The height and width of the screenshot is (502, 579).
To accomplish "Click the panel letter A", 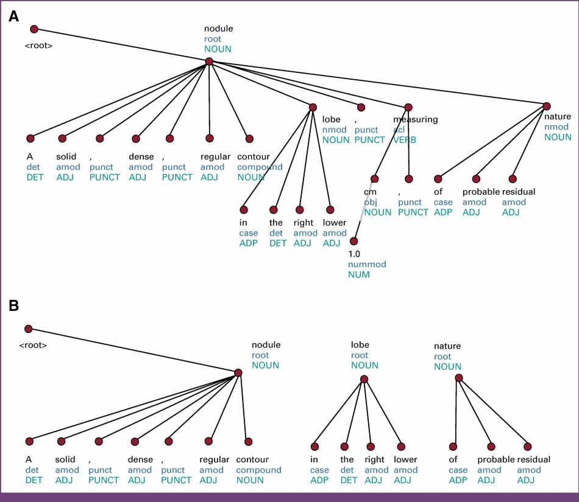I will [x=14, y=16].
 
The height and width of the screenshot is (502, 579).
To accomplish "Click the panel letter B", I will [x=14, y=305].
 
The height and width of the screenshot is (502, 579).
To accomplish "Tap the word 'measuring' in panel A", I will [x=415, y=119].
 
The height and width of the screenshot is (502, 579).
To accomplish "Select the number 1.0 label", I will [x=354, y=254].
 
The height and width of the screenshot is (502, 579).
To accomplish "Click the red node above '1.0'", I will [x=353, y=241].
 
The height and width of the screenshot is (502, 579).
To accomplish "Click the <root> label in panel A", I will [x=38, y=45].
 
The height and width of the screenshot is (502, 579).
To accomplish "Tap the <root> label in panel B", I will [x=33, y=345].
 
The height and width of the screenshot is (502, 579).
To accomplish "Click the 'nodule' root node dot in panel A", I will [x=209, y=61].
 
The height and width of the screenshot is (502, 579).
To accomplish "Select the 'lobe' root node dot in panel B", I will [x=364, y=379].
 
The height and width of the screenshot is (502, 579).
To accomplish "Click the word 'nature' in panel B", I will [x=447, y=346].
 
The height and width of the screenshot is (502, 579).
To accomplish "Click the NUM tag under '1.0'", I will [x=358, y=274].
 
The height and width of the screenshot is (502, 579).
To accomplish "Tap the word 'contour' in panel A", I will [x=253, y=156].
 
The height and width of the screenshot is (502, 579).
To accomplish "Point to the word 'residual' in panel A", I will [x=519, y=192].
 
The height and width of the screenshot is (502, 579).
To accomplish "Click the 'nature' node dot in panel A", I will [x=547, y=106].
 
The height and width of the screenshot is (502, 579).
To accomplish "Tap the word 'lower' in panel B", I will [x=405, y=459].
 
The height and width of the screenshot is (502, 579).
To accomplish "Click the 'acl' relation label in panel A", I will [x=399, y=130].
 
